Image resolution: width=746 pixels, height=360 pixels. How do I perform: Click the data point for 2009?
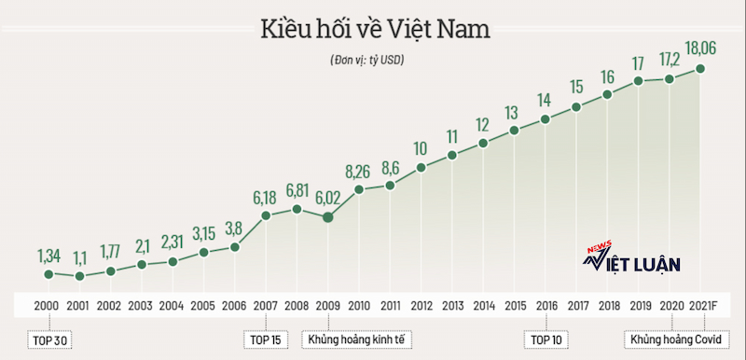tap(328, 217)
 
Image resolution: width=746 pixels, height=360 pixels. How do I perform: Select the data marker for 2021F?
tap(700, 68)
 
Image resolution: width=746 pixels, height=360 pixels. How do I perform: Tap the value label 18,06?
tap(700, 49)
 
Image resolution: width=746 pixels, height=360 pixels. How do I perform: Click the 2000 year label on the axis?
tap(47, 306)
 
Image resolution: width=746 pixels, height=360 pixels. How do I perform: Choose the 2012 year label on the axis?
tap(421, 306)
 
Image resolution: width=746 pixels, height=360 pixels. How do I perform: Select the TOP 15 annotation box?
tap(266, 340)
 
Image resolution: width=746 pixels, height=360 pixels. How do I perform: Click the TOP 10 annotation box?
tap(546, 340)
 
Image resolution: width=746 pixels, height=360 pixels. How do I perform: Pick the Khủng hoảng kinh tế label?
tap(356, 340)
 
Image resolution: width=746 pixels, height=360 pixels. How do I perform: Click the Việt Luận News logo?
tap(631, 258)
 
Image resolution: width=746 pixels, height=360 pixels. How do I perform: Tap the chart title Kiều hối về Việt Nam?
tap(375, 30)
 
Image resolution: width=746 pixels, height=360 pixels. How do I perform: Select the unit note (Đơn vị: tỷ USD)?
tap(366, 61)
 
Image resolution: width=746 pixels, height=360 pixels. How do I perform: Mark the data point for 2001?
tap(79, 276)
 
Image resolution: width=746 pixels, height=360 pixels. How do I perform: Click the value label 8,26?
tap(359, 171)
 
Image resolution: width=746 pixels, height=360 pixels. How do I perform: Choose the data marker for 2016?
tap(545, 119)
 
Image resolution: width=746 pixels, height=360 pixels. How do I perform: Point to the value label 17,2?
tap(669, 60)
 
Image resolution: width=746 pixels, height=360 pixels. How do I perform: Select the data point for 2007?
tap(266, 215)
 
